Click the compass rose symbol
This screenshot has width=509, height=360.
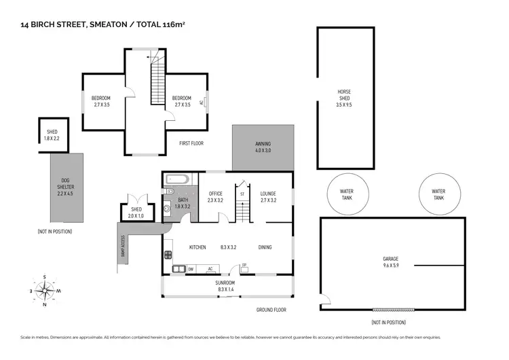(45, 291)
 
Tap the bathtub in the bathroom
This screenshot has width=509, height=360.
(178, 181)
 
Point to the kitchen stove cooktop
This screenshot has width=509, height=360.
(167, 256)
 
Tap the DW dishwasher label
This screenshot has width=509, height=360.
(191, 269)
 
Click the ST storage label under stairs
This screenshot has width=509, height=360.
(242, 194)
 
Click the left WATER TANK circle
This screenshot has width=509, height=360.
(346, 194)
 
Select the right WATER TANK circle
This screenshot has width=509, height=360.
(438, 194)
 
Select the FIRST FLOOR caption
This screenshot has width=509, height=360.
(191, 143)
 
